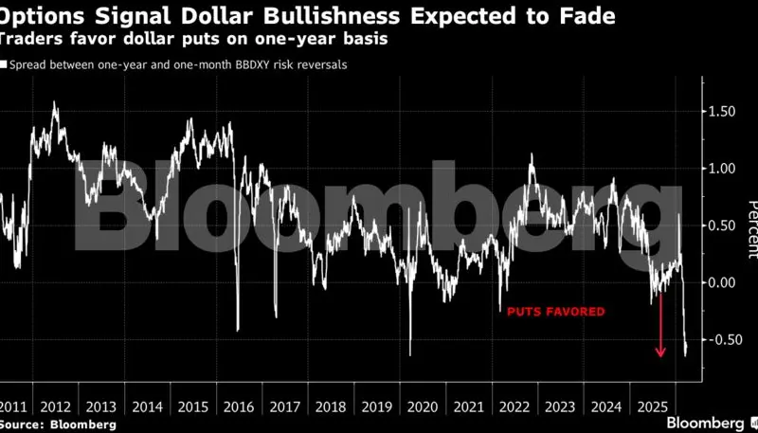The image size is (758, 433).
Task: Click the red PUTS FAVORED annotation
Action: (555, 311)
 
